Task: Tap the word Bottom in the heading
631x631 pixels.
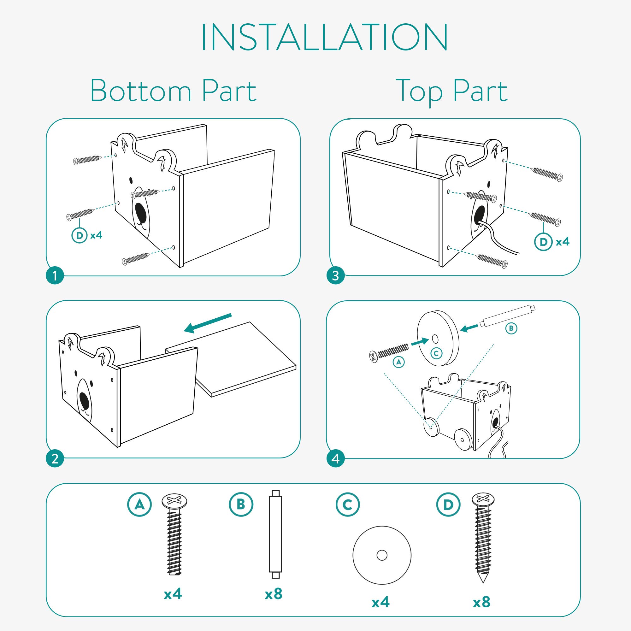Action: tap(141, 91)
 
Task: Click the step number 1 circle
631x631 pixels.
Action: tap(55, 276)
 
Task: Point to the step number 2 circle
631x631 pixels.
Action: tap(55, 458)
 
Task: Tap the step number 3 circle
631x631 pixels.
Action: tap(335, 276)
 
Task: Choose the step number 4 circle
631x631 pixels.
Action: tap(335, 458)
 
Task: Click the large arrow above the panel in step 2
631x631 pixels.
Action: tap(208, 324)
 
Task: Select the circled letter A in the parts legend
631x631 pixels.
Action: tap(139, 504)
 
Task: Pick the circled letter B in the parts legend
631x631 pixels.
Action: tap(241, 504)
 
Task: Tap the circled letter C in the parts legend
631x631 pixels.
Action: tap(347, 504)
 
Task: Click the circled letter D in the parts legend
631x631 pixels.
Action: tap(448, 504)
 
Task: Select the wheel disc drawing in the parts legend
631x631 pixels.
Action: tap(382, 555)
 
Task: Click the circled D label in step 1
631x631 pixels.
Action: tap(80, 235)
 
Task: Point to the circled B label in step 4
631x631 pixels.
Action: tap(511, 328)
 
